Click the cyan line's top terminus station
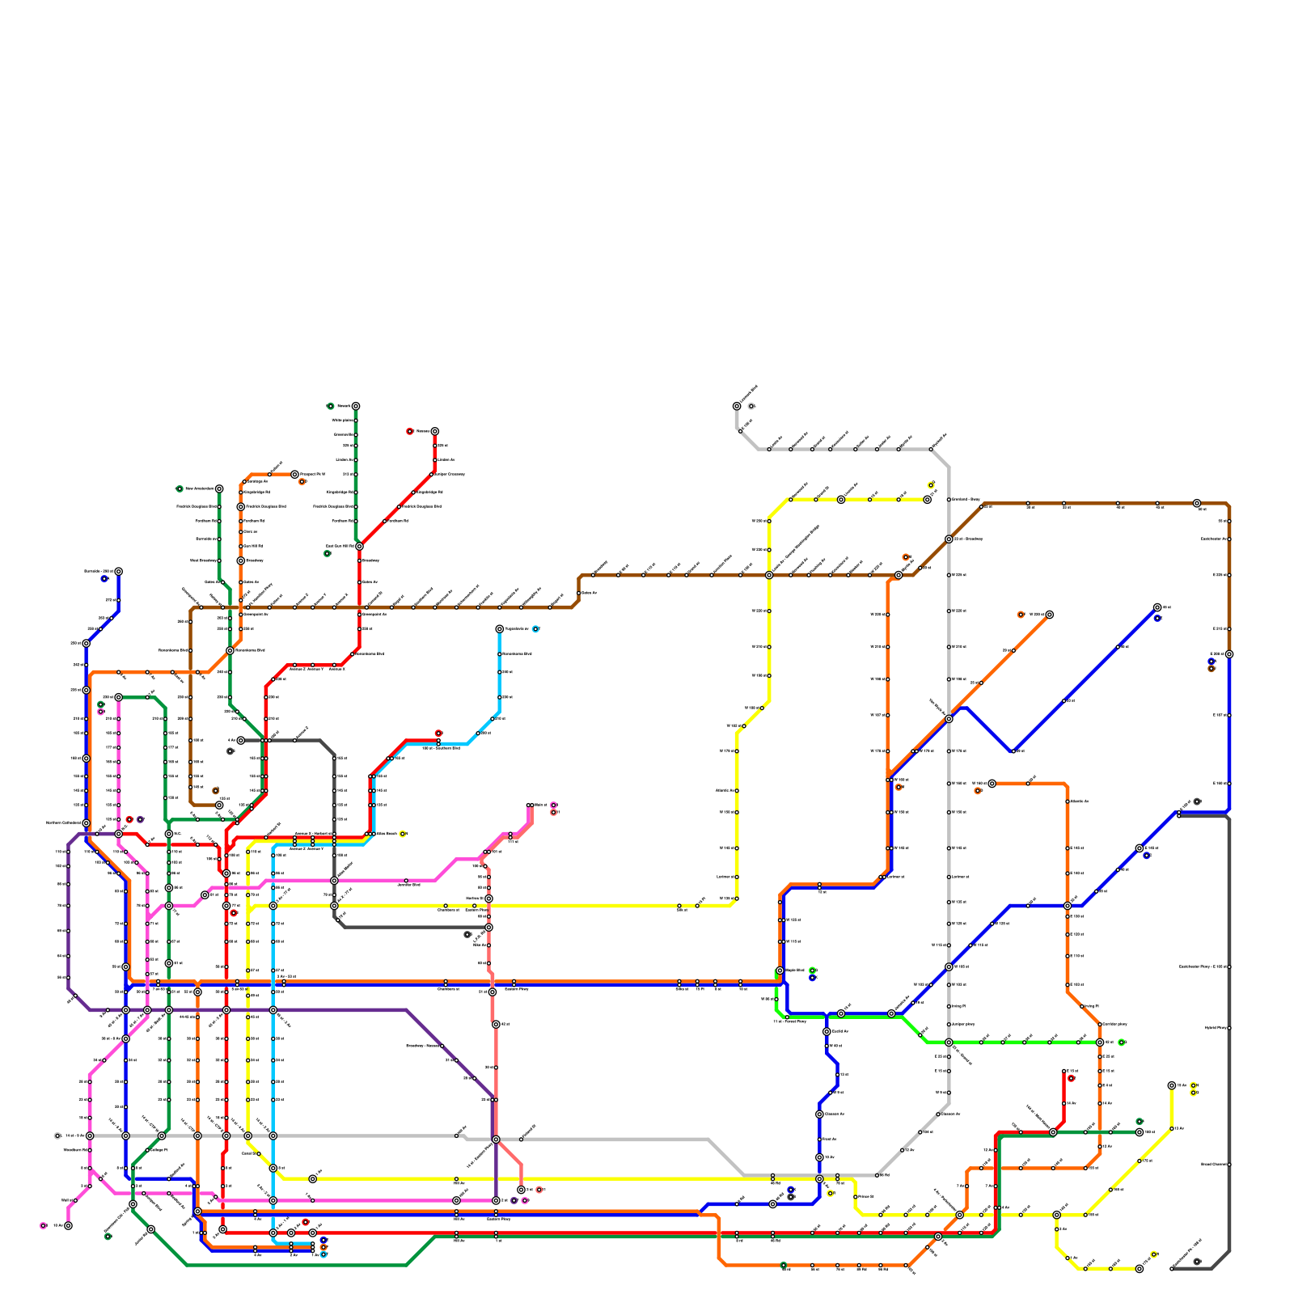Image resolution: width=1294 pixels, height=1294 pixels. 499,628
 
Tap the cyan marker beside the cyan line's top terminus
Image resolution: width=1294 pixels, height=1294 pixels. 535,628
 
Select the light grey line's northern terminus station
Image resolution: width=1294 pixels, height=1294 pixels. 737,406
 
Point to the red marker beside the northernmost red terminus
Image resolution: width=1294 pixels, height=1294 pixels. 409,431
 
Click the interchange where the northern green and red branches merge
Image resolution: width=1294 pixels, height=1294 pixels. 359,547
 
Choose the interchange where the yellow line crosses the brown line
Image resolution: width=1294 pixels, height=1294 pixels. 768,575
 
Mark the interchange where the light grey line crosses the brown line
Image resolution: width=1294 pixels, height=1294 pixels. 949,539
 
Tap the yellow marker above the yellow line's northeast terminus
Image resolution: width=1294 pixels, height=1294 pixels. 931,485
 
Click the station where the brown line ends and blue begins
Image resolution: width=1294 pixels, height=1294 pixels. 1229,654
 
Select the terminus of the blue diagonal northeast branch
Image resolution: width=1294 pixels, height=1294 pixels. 1157,607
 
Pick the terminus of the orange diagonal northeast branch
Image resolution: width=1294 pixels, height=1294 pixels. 1049,615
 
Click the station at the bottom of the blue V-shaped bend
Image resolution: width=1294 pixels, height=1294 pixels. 1013,751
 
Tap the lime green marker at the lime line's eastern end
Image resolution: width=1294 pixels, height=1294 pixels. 1121,1042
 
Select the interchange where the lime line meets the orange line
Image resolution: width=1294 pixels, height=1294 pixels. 1100,1042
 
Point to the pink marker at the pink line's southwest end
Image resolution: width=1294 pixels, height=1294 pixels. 43,1225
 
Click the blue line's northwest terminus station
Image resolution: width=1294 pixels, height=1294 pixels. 118,571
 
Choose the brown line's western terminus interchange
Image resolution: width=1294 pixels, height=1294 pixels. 218,805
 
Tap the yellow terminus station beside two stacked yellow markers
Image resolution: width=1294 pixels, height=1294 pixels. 1172,1085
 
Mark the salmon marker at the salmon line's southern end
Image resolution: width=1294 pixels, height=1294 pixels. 539,1190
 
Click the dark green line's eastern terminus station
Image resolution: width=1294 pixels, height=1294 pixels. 1140,1132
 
